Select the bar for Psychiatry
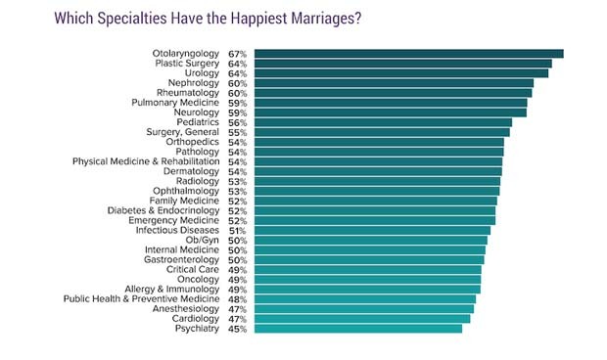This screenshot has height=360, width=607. click(358, 329)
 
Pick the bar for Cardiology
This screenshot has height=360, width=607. click(362, 319)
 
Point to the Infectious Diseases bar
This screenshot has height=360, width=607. click(373, 230)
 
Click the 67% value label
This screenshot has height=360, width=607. click(237, 54)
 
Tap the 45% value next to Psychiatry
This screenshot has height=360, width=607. click(237, 329)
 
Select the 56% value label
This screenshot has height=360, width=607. click(237, 122)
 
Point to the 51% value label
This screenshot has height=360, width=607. click(237, 230)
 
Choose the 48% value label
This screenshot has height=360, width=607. click(237, 299)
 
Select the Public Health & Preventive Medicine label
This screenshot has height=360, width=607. click(142, 299)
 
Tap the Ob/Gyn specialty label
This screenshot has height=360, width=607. click(203, 240)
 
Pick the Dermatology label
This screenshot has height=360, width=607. click(191, 171)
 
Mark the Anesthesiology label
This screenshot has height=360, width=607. click(185, 309)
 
